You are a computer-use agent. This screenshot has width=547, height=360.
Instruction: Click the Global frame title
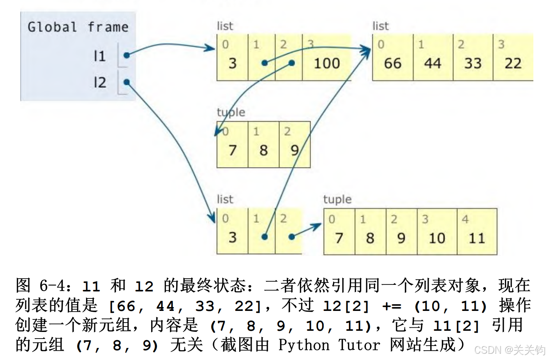click(x=78, y=27)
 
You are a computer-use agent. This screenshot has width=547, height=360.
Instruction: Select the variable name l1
click(x=99, y=56)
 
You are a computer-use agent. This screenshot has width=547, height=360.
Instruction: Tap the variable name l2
click(x=99, y=83)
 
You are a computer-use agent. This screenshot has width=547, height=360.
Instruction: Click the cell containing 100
click(x=326, y=63)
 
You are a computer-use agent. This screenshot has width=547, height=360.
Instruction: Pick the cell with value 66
click(x=392, y=63)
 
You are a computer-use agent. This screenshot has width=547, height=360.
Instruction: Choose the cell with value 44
click(x=432, y=63)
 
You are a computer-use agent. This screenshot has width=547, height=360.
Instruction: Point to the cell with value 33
click(x=473, y=63)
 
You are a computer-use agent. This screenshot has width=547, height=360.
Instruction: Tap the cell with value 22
click(x=513, y=63)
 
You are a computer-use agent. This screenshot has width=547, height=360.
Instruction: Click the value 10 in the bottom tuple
click(x=437, y=238)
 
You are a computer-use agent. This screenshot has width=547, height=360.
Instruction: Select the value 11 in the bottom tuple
click(x=476, y=238)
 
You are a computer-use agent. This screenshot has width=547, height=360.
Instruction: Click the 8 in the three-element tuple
click(x=263, y=150)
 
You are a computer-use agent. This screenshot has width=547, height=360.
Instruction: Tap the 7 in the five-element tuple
click(x=339, y=238)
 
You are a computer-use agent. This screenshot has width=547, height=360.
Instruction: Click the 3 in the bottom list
click(x=232, y=237)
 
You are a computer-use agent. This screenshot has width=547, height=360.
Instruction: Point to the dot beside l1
click(x=126, y=55)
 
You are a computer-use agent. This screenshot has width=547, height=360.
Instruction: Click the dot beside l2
click(x=126, y=82)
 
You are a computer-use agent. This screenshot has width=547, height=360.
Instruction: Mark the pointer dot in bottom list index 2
click(x=291, y=236)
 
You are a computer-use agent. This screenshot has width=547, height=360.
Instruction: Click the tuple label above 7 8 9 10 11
click(x=337, y=199)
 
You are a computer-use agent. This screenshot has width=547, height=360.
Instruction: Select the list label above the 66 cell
click(x=380, y=26)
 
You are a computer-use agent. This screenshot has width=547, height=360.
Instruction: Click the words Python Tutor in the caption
click(x=329, y=345)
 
